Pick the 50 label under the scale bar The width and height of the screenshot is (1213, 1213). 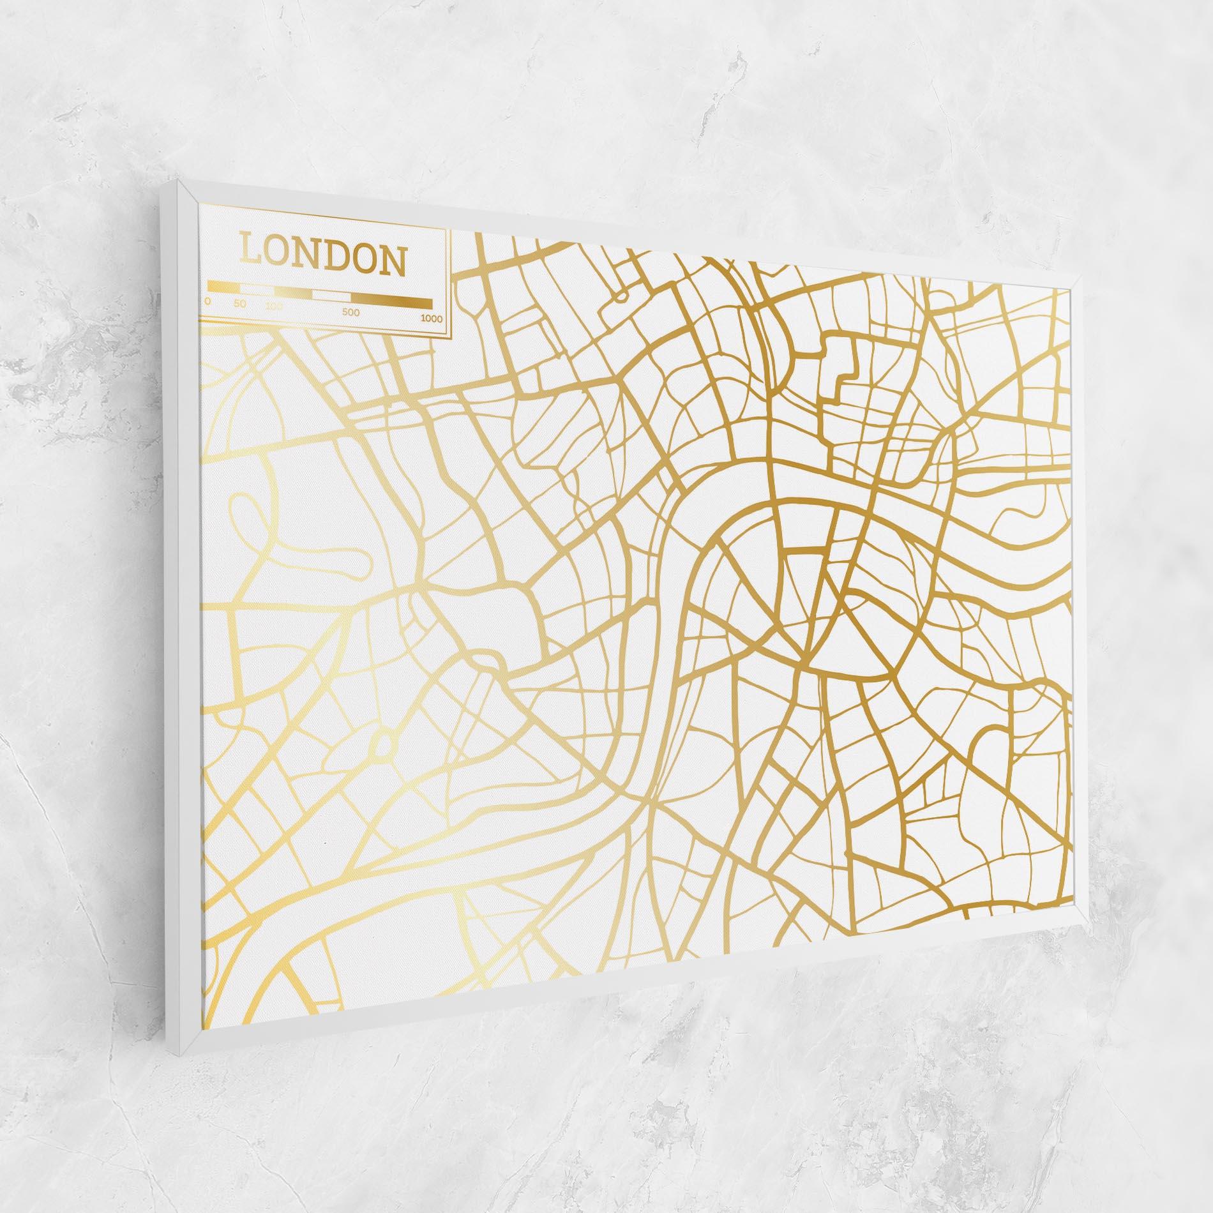(x=239, y=303)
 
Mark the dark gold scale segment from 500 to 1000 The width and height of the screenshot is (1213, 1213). (x=391, y=302)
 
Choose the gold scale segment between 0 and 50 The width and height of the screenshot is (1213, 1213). (x=223, y=287)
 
